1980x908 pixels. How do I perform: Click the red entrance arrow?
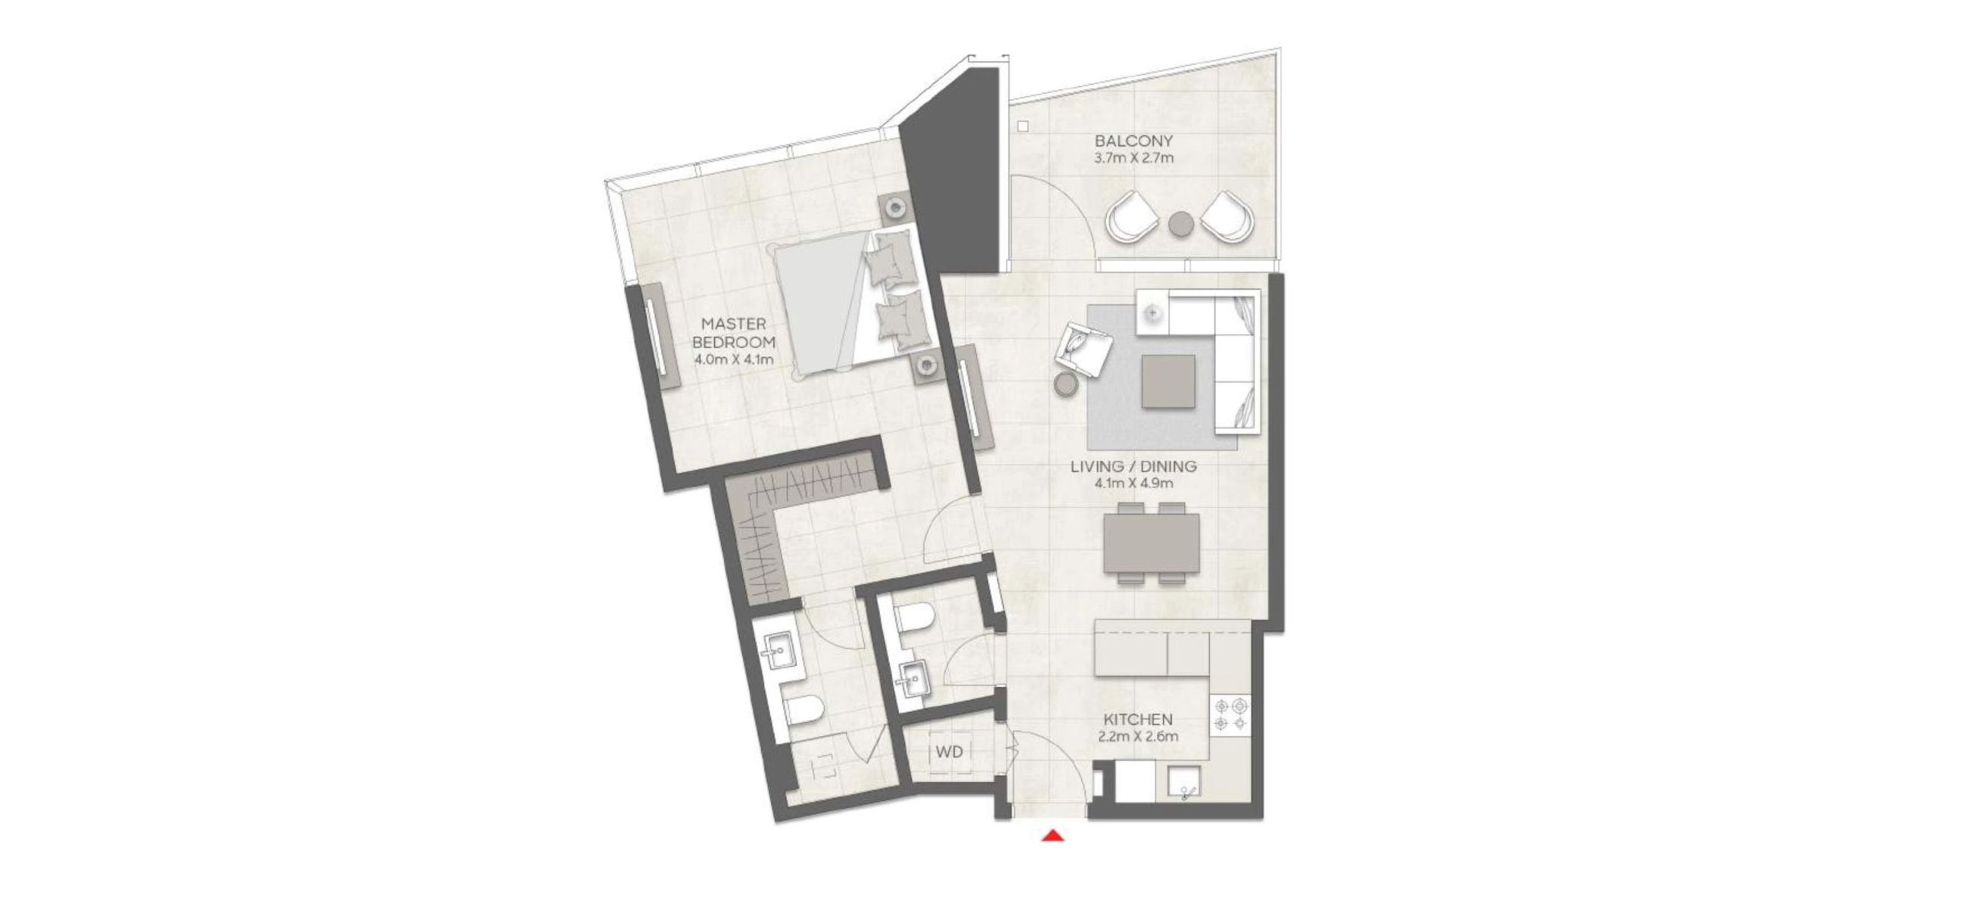point(1052,835)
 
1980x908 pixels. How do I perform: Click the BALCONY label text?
point(1133,141)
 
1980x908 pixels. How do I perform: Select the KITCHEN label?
point(1139,720)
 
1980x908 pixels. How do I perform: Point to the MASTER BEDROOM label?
point(733,333)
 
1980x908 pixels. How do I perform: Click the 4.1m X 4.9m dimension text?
point(1133,484)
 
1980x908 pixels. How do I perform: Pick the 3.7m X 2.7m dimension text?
point(1133,158)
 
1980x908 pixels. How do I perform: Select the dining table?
point(1151,543)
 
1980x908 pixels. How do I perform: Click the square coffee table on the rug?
point(1168,381)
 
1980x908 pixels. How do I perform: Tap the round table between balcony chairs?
point(1181,224)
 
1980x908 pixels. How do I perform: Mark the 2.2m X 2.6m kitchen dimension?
point(1139,736)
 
